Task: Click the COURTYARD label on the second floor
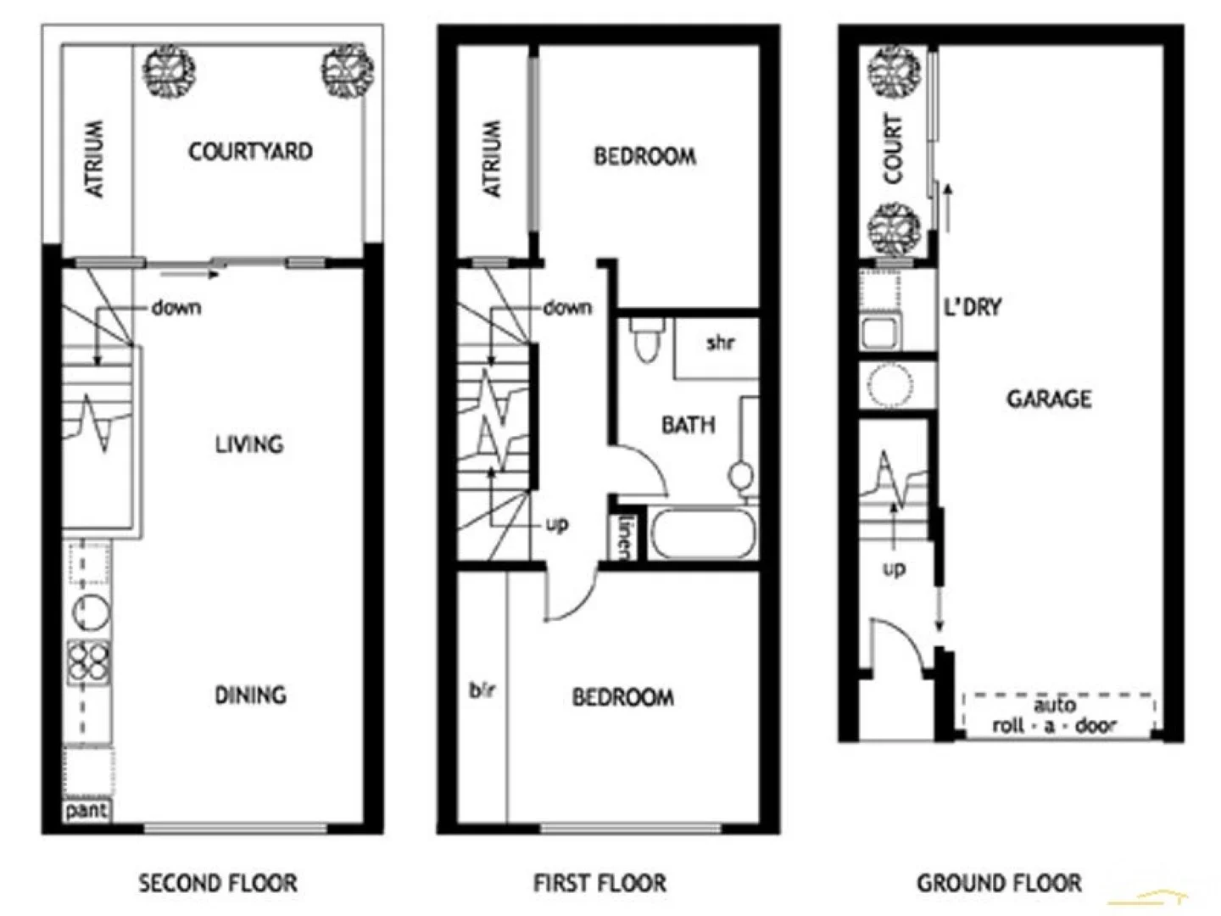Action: [250, 152]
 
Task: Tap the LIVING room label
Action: [248, 444]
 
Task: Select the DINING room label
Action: [250, 695]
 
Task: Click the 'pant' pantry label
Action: [86, 810]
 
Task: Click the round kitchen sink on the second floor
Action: [90, 612]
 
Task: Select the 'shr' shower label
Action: [720, 343]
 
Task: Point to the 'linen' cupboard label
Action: [626, 536]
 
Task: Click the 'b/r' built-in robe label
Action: [482, 690]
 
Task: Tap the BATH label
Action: [688, 425]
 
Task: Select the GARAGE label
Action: [1049, 399]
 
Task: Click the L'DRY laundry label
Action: [973, 307]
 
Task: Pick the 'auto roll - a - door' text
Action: [1055, 715]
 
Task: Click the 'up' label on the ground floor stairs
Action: [894, 568]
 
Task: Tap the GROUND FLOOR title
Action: [999, 884]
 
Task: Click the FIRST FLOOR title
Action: [599, 884]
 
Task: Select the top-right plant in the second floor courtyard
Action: [348, 71]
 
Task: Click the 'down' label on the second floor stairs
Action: [176, 307]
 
